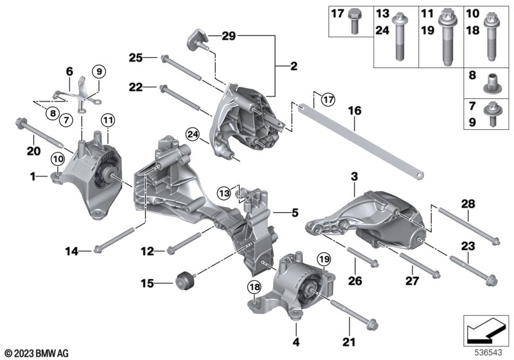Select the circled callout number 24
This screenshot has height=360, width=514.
click(192, 134)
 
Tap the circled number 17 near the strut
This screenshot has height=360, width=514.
click(328, 100)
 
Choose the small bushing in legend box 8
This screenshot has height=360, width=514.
click(491, 82)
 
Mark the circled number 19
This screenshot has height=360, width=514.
click(324, 259)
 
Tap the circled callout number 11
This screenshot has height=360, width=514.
click(107, 120)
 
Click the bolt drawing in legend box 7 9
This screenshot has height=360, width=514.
click(491, 109)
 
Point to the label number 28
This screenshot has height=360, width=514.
click(469, 204)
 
